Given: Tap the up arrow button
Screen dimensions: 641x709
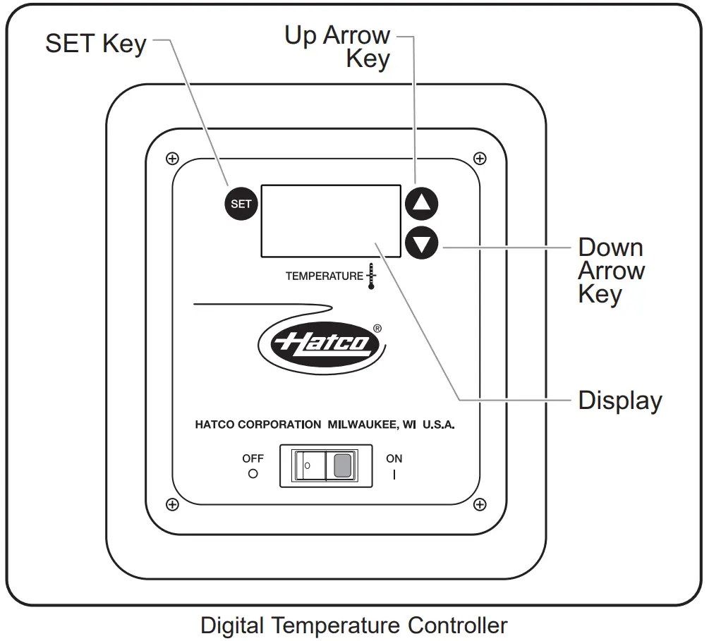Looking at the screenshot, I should (421, 204).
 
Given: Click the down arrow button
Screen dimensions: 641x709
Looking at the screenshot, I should (421, 245).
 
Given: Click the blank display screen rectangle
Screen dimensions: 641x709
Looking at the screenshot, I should (331, 221).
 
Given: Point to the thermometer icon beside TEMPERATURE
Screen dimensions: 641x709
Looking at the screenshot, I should (371, 276).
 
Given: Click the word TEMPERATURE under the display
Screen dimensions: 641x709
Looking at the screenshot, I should (324, 276).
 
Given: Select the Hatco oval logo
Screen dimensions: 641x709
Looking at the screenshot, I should (323, 343).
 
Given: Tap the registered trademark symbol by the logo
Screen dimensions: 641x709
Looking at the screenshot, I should (377, 328).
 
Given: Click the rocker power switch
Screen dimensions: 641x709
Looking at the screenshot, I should (326, 466).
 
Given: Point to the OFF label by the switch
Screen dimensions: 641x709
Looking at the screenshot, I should (253, 458).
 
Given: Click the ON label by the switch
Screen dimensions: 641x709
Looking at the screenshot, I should (394, 458).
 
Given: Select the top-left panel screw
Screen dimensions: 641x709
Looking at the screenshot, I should (171, 159).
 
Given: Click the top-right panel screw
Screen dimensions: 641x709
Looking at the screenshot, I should (480, 159).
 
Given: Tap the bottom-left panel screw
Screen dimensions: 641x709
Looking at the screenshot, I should (171, 503).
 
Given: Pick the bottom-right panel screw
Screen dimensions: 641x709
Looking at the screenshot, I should (480, 503).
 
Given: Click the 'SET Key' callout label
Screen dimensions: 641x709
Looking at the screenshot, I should (95, 44).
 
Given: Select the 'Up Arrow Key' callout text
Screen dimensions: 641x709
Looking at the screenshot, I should (339, 47).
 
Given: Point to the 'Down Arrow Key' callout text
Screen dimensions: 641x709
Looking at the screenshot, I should (611, 270).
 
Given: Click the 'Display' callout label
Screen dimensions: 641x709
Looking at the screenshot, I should (620, 400).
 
